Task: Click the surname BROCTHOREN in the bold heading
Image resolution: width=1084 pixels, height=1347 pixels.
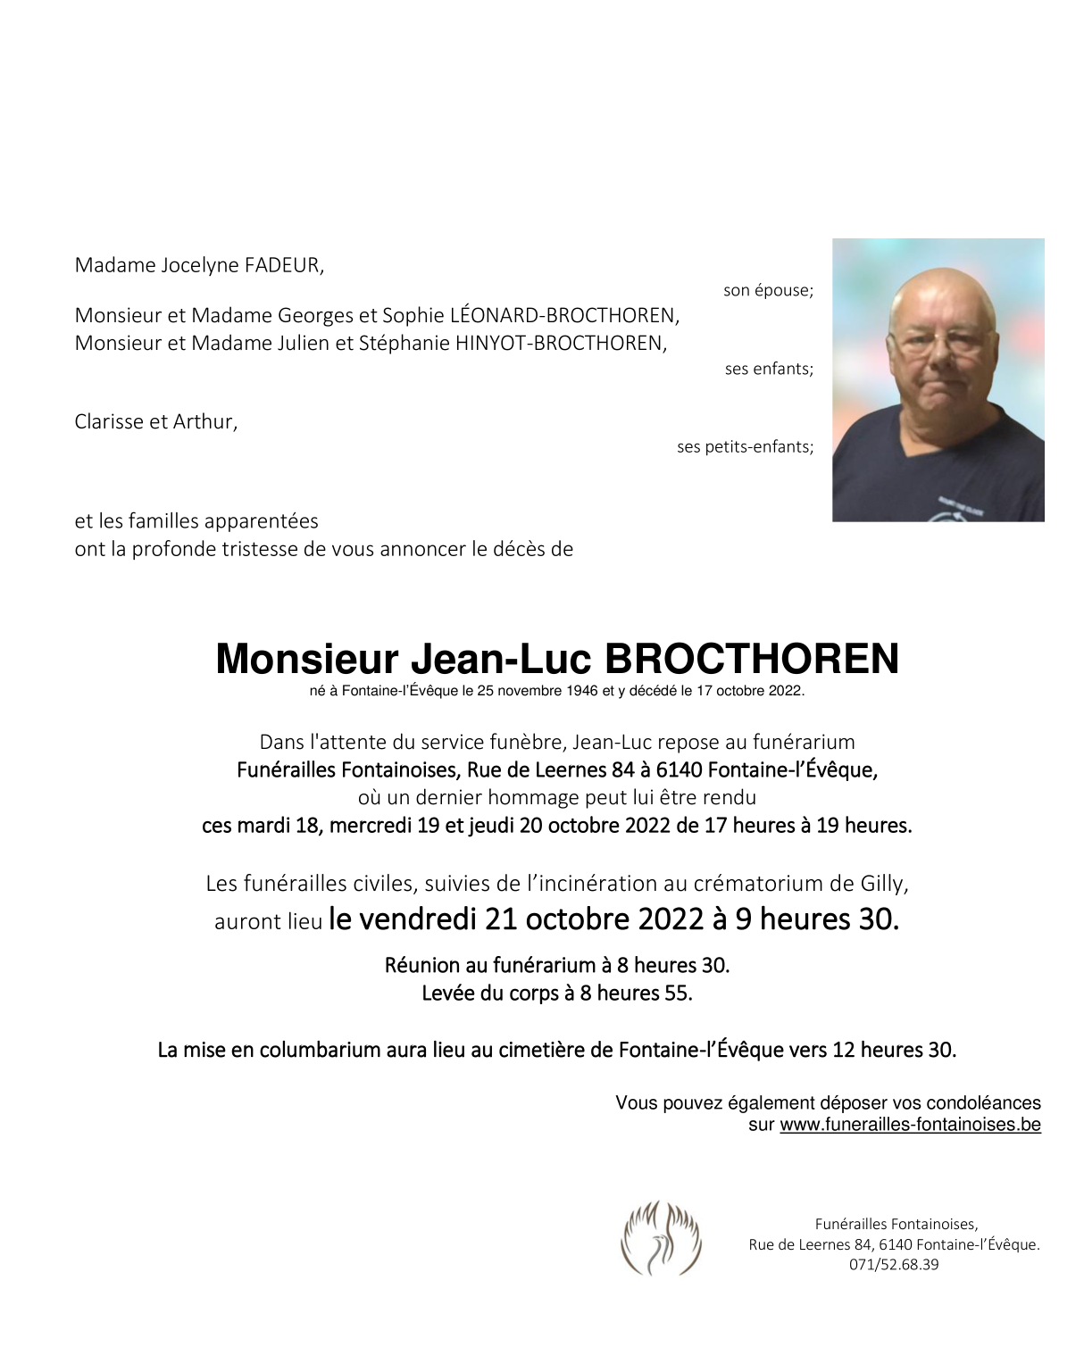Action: pos(752,660)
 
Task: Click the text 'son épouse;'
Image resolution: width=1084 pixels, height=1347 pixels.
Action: pos(768,290)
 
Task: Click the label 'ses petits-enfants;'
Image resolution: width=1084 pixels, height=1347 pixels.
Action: pos(745,446)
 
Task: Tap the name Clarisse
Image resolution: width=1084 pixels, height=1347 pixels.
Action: pos(112,421)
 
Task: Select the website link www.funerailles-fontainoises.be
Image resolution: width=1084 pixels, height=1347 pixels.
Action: pos(910,1125)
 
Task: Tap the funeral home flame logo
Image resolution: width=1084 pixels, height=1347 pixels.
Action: pos(661,1238)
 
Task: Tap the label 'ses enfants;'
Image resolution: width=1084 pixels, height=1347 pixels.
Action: pos(769,369)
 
